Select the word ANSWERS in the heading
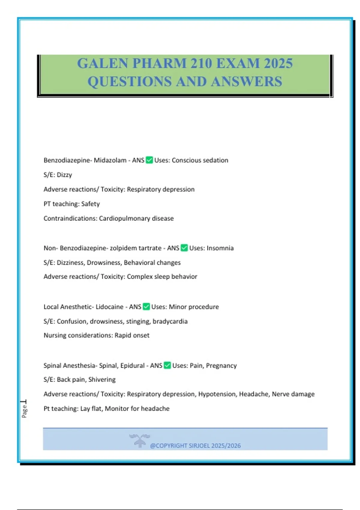pyautogui.click(x=246, y=82)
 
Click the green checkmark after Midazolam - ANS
pyautogui.click(x=149, y=160)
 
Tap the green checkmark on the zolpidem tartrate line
pyautogui.click(x=184, y=248)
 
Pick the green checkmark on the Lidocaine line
pyautogui.click(x=146, y=307)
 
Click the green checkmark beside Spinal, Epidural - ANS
pyautogui.click(x=167, y=365)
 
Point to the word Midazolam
pyautogui.click(x=110, y=160)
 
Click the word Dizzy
pyautogui.click(x=64, y=175)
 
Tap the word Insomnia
pyautogui.click(x=220, y=248)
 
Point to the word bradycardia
pyautogui.click(x=170, y=321)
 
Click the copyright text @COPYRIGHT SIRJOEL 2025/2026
pyautogui.click(x=195, y=445)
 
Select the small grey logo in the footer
pyautogui.click(x=139, y=440)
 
